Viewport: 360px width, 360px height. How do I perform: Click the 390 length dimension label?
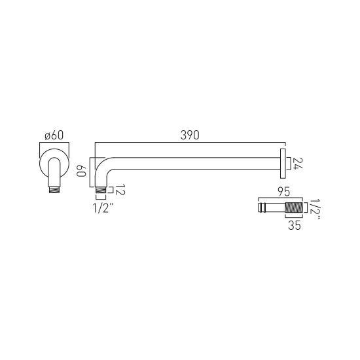tap(190, 135)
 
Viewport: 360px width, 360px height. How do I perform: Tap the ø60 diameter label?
tap(54, 135)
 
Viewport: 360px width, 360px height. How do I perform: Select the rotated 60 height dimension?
tap(81, 171)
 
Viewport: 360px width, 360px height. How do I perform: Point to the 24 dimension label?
tap(298, 164)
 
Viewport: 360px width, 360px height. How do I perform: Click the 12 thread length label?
tap(120, 190)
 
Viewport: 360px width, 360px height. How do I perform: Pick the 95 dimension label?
tap(284, 192)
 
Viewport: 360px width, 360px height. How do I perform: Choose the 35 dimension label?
tap(295, 225)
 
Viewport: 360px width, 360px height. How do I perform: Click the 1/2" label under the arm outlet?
tap(103, 208)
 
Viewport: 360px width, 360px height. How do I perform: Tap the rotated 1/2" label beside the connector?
tap(314, 209)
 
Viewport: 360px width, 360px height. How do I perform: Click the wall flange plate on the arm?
tap(283, 164)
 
